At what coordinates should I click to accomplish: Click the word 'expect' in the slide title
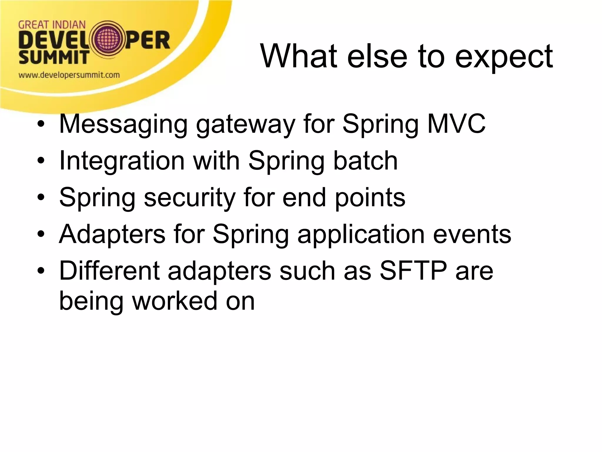pos(504,56)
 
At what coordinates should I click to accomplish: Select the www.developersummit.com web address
pos(69,75)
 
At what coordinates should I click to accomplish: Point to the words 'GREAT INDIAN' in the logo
pos(52,25)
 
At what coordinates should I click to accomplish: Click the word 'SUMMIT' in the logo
pos(53,57)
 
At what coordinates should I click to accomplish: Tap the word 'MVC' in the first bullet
pos(456,124)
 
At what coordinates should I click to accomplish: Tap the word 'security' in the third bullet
pos(189,198)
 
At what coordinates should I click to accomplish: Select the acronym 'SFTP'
pos(413,271)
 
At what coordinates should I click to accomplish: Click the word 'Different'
pos(109,271)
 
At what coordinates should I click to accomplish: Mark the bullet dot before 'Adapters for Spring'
pos(41,235)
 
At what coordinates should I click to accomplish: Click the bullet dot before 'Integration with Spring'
pos(41,161)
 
